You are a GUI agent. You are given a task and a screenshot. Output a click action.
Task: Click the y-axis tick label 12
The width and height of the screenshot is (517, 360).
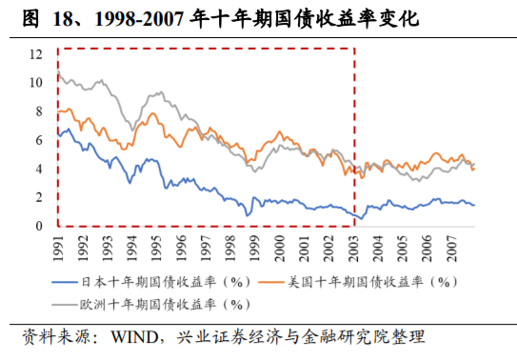tap(35, 53)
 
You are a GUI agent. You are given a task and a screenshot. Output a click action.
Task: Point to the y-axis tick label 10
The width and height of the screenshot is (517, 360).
tap(35, 82)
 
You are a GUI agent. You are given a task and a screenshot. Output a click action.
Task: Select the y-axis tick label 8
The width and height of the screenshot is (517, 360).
tap(39, 111)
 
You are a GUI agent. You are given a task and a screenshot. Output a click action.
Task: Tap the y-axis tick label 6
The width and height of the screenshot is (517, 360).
tap(39, 140)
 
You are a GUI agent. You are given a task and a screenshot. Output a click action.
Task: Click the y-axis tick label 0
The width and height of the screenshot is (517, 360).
tap(39, 227)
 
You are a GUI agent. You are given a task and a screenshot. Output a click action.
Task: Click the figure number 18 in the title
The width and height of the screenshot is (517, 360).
tap(50, 17)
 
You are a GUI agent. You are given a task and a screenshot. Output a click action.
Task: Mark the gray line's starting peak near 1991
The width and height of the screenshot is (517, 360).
tap(59, 71)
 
